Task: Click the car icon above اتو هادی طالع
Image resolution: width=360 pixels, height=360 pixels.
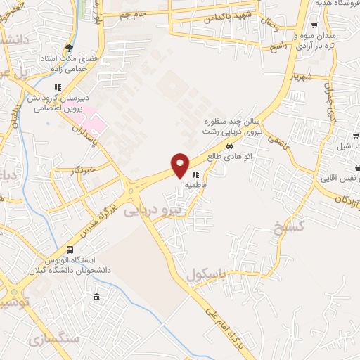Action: click(229, 146)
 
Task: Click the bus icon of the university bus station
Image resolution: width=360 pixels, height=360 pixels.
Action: click(70, 250)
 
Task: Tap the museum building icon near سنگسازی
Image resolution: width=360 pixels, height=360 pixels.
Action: click(96, 297)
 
